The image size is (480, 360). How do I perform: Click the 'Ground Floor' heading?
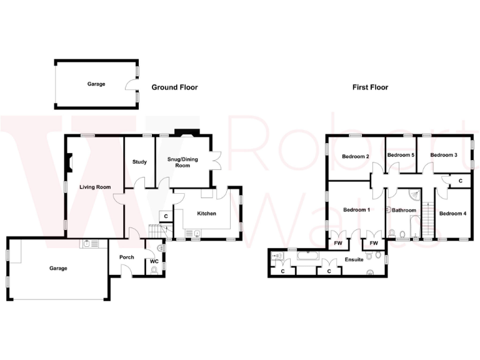click(x=174, y=87)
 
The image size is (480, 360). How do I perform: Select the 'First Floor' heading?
click(x=370, y=87)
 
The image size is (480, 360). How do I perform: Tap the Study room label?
click(x=139, y=162)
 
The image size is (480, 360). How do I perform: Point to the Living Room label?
click(x=94, y=187)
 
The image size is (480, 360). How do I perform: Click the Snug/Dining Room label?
click(x=182, y=162)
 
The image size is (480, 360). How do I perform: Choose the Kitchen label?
click(x=206, y=214)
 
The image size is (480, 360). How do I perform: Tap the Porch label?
click(x=126, y=257)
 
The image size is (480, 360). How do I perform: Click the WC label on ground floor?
click(x=154, y=261)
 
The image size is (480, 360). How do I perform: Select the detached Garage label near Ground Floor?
click(x=96, y=84)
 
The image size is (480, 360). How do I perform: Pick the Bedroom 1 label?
click(x=357, y=210)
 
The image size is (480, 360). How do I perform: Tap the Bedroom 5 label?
click(x=401, y=155)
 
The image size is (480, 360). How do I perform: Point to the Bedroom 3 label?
click(x=444, y=155)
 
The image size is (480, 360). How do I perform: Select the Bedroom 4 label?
click(x=452, y=214)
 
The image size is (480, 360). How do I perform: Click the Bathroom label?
click(x=404, y=211)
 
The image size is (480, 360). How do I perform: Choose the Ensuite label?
click(x=354, y=259)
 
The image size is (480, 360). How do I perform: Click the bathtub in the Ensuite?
click(x=307, y=256)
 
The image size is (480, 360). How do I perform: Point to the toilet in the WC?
click(x=154, y=271)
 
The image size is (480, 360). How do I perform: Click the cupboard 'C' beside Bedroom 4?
click(x=460, y=181)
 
